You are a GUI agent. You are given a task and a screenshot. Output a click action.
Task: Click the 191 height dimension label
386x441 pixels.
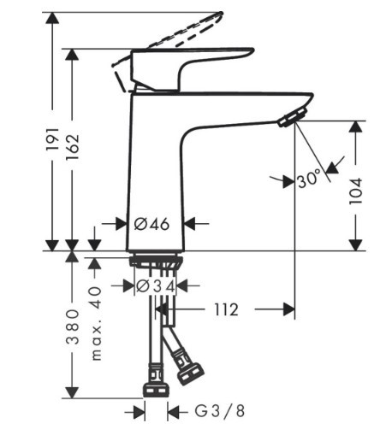click(x=53, y=139)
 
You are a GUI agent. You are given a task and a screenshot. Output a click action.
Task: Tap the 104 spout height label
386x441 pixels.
click(x=356, y=191)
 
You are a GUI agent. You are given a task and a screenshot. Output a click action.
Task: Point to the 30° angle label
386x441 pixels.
click(x=308, y=179)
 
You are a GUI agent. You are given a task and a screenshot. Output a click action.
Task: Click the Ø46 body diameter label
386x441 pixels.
click(x=151, y=224)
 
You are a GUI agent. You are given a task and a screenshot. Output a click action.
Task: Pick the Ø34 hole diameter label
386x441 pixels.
click(x=156, y=286)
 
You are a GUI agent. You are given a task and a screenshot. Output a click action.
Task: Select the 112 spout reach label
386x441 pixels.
click(x=226, y=309)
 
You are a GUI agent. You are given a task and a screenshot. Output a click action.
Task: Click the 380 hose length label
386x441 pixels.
click(x=73, y=326)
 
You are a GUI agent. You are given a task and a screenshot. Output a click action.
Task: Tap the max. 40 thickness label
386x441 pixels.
click(x=96, y=324)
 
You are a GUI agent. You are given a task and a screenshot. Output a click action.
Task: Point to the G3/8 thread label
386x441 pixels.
click(x=220, y=411)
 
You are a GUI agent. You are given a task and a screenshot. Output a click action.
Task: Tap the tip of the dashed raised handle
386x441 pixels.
click(x=221, y=13)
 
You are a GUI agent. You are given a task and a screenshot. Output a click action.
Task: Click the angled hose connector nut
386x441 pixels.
click(x=191, y=373)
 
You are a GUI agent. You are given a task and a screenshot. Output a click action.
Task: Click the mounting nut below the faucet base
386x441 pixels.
click(x=156, y=262)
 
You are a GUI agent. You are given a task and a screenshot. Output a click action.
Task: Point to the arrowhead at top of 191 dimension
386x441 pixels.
click(x=52, y=18)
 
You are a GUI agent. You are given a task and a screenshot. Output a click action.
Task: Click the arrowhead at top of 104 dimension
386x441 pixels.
click(x=356, y=126)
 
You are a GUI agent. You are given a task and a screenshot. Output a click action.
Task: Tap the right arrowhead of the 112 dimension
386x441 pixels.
click(x=289, y=309)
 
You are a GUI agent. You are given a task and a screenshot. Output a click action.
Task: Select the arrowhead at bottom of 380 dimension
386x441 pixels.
click(x=73, y=392)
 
